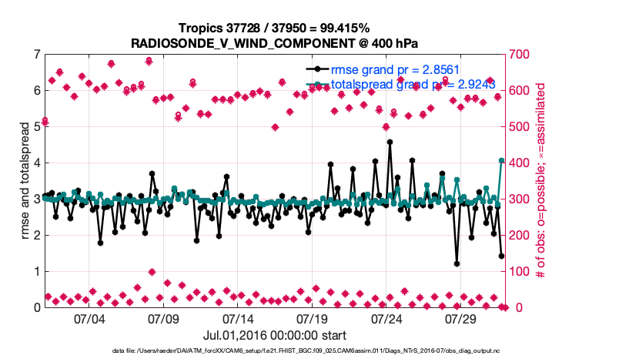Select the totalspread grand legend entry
pos(402,84)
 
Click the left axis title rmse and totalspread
pos(24,181)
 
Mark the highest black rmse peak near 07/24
pos(390,142)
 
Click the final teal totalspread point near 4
pos(501,161)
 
